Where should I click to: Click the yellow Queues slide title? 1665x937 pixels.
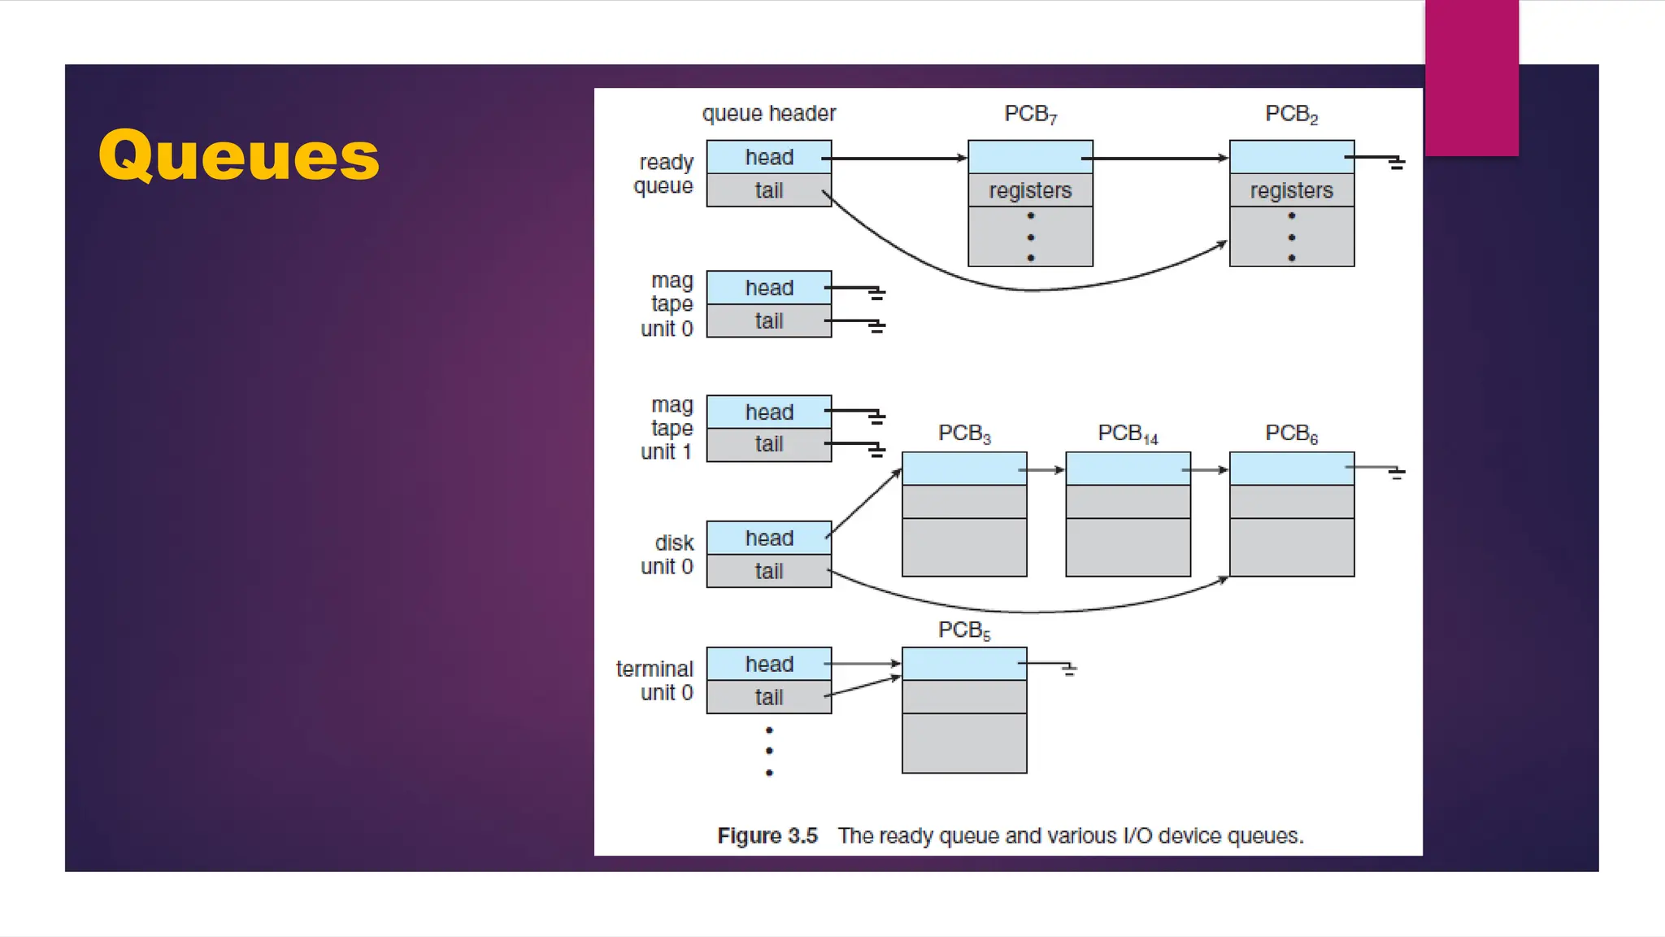[x=239, y=156]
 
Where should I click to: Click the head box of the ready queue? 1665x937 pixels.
[x=768, y=157]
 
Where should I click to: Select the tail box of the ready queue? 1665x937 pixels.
[x=768, y=190]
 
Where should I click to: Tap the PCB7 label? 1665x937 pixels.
[x=1030, y=114]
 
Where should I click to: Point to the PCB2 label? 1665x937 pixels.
[x=1291, y=114]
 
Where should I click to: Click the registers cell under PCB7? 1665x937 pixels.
[x=1030, y=190]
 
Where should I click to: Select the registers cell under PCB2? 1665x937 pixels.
[x=1291, y=190]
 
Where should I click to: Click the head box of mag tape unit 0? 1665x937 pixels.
[x=768, y=288]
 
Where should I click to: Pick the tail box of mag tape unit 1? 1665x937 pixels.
[x=768, y=444]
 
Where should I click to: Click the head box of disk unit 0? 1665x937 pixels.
[x=768, y=538]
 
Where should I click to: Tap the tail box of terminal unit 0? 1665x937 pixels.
[x=768, y=697]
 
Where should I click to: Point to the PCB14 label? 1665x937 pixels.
[x=1128, y=434]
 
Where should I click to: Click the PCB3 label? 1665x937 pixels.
[x=964, y=434]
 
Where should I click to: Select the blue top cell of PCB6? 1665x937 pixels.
[x=1291, y=469]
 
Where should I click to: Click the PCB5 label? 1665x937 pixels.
[x=964, y=630]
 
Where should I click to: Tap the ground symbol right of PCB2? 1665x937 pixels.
[x=1396, y=163]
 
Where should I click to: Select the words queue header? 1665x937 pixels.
[x=768, y=114]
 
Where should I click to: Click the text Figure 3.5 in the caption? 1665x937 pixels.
[x=767, y=836]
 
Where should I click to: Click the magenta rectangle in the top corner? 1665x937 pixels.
[x=1472, y=77]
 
